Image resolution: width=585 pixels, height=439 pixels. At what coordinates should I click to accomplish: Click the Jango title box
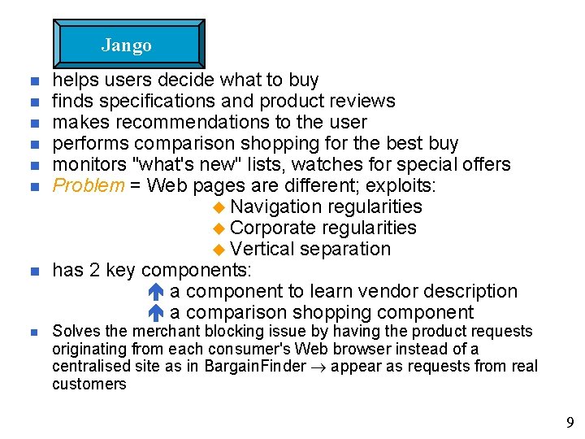coord(128,45)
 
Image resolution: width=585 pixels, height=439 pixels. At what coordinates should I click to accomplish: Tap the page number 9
coord(570,422)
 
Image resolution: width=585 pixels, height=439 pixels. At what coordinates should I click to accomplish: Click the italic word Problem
coord(89,185)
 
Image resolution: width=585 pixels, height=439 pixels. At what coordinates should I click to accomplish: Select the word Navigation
coord(276,206)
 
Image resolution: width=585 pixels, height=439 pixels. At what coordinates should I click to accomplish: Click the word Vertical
coord(262,249)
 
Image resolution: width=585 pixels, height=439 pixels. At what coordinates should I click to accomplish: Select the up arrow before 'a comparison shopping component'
coord(158,312)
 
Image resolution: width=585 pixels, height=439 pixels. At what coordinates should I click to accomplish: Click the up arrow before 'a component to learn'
coord(158,291)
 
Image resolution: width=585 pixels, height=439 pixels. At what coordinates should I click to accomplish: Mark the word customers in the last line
coord(89,384)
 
